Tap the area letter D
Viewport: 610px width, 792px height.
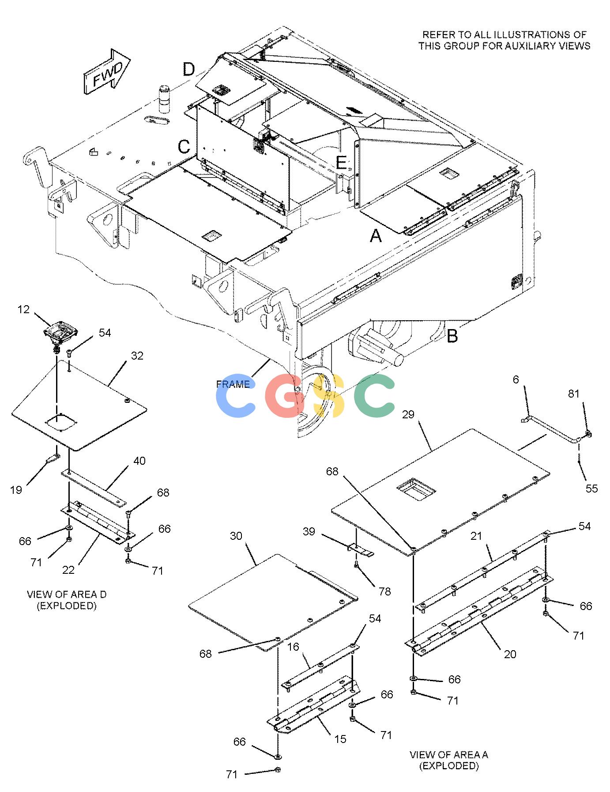[x=189, y=69]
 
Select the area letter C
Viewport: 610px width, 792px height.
[x=185, y=147]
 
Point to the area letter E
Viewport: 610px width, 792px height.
[x=341, y=163]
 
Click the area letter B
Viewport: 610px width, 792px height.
[x=452, y=336]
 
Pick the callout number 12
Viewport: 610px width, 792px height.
[x=24, y=310]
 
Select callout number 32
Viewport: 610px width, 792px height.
[x=137, y=356]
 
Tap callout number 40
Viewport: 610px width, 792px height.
[x=139, y=461]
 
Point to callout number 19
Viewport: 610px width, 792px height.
[x=16, y=490]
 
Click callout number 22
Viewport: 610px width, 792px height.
[x=68, y=570]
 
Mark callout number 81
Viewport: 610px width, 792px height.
[x=573, y=394]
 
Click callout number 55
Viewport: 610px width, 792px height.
[x=591, y=488]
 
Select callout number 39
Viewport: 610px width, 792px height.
[x=309, y=531]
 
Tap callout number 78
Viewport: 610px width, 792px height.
[x=385, y=591]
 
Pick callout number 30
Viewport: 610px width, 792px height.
[x=236, y=536]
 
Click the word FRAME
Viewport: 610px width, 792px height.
[x=233, y=384]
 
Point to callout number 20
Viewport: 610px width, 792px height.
[x=510, y=654]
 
